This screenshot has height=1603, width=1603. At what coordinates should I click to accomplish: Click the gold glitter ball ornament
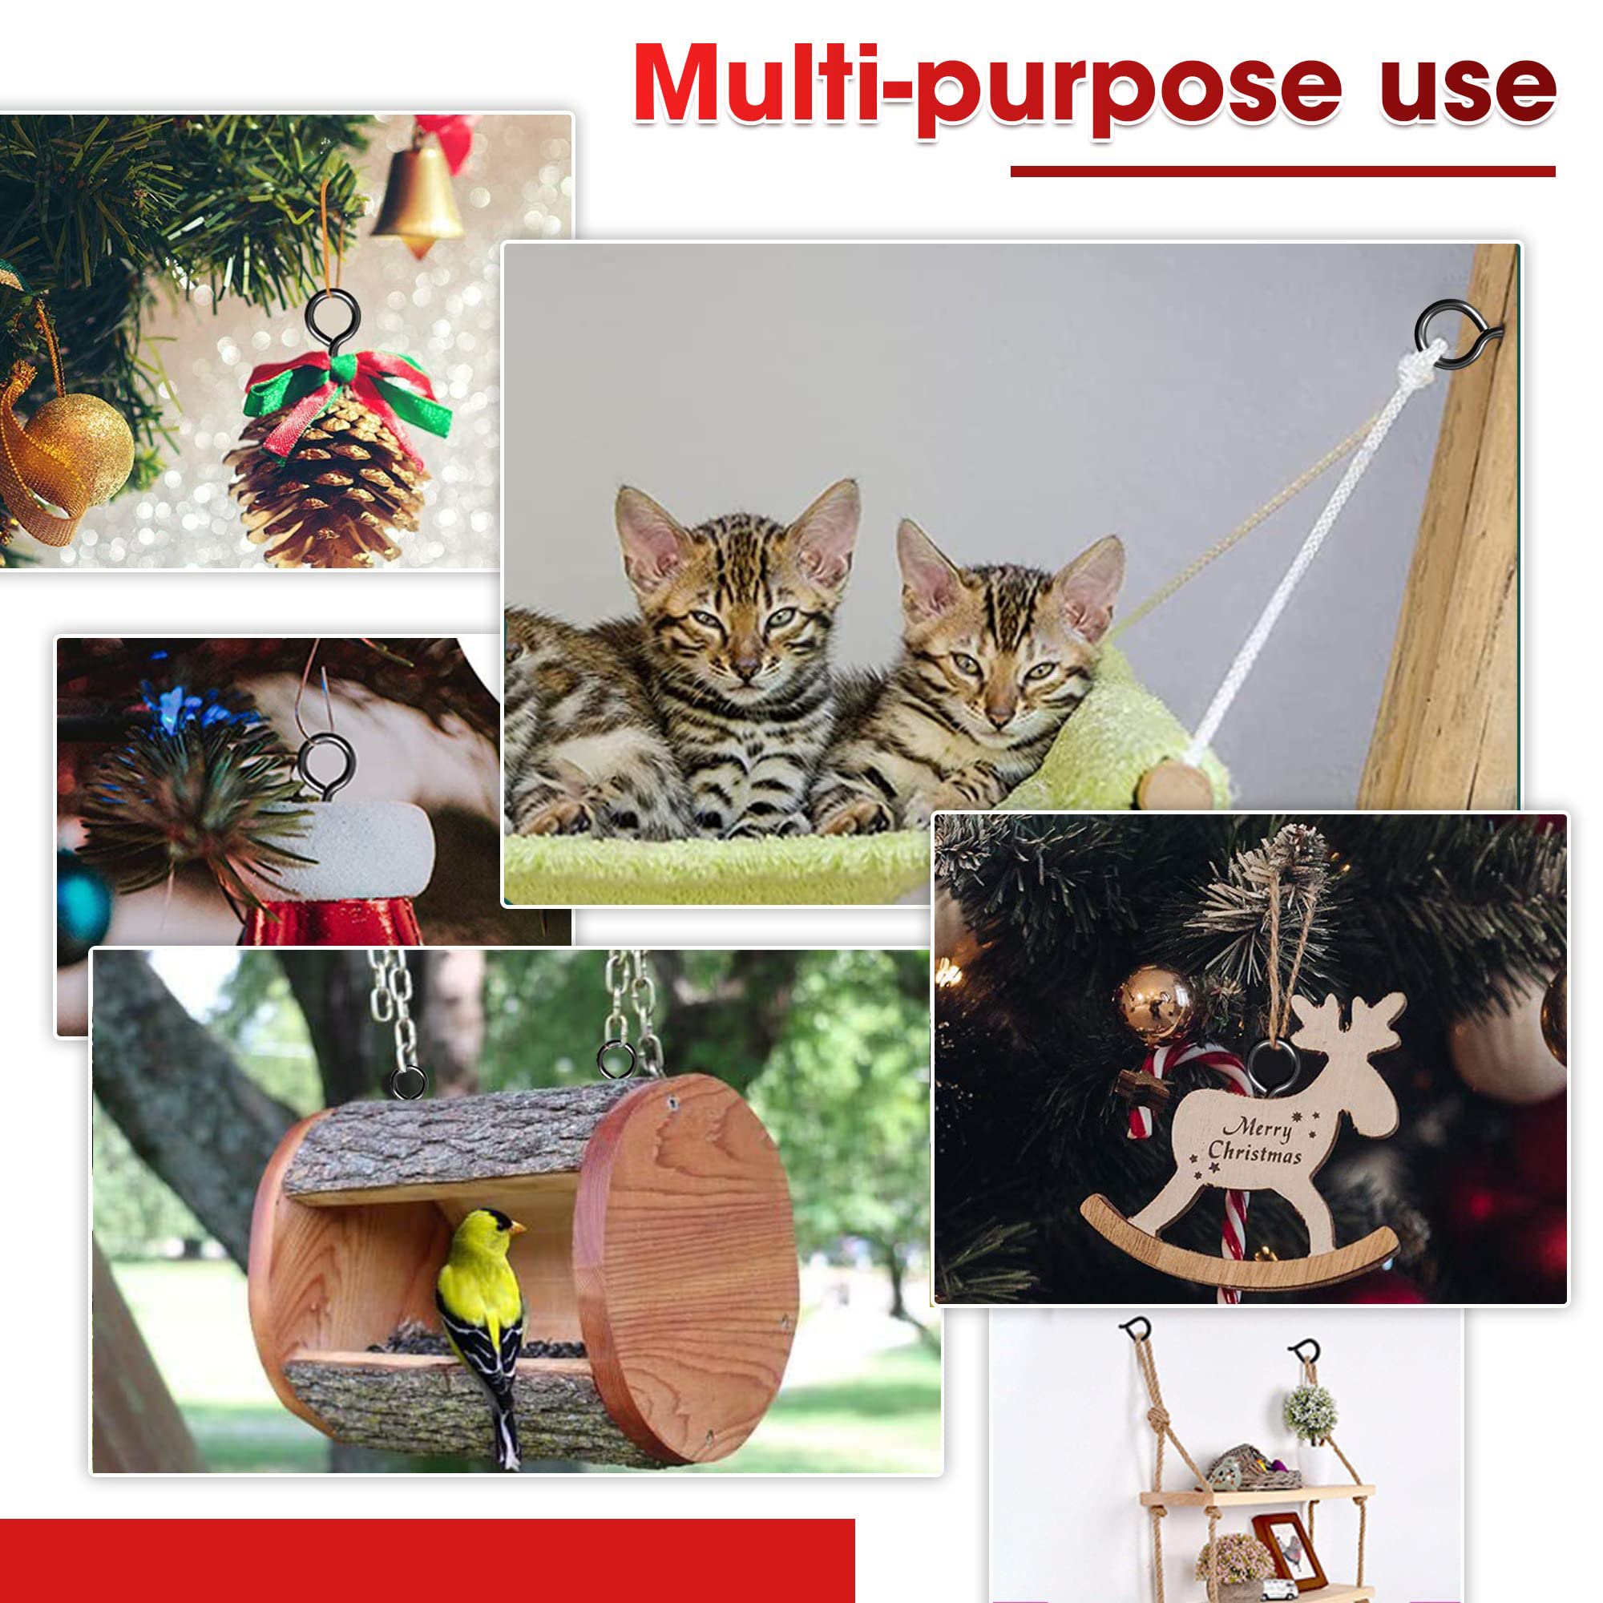coord(79,449)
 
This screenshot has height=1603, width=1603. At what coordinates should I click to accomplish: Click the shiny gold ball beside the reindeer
coord(1154,1005)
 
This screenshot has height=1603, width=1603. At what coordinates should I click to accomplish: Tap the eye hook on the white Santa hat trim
coord(325,769)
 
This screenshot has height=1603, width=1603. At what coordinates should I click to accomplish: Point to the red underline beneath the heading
coord(1282,171)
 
